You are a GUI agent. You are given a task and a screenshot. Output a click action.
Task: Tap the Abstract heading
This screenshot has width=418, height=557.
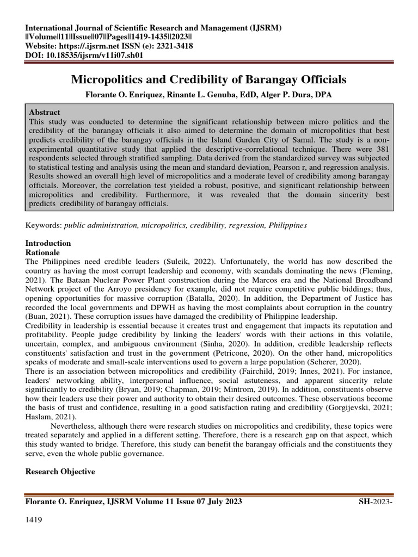[45, 112]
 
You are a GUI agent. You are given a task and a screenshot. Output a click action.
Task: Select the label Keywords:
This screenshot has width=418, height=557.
[44, 225]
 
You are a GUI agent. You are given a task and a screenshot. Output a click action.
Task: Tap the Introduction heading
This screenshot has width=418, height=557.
[48, 243]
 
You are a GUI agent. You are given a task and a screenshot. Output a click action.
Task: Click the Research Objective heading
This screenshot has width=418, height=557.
[60, 472]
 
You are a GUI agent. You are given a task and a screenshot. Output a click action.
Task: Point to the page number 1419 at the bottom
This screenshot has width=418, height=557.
[34, 520]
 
